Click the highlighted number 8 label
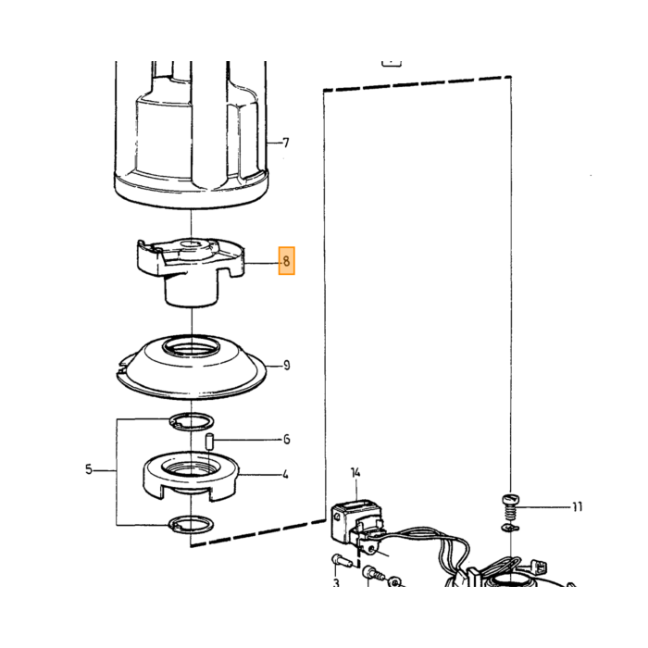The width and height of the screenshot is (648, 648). click(x=286, y=261)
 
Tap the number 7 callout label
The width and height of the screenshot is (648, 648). click(x=285, y=143)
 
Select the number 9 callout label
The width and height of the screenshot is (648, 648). click(x=286, y=366)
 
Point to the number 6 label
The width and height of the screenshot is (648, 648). click(x=286, y=440)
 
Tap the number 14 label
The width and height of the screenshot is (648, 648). click(x=355, y=472)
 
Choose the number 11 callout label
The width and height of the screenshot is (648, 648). click(x=578, y=506)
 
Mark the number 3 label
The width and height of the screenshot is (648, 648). click(x=336, y=583)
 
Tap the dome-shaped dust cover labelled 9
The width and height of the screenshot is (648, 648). click(x=191, y=367)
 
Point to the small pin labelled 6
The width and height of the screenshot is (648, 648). click(x=209, y=442)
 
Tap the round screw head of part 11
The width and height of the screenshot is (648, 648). click(x=511, y=500)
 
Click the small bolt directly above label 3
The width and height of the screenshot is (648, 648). click(x=340, y=561)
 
